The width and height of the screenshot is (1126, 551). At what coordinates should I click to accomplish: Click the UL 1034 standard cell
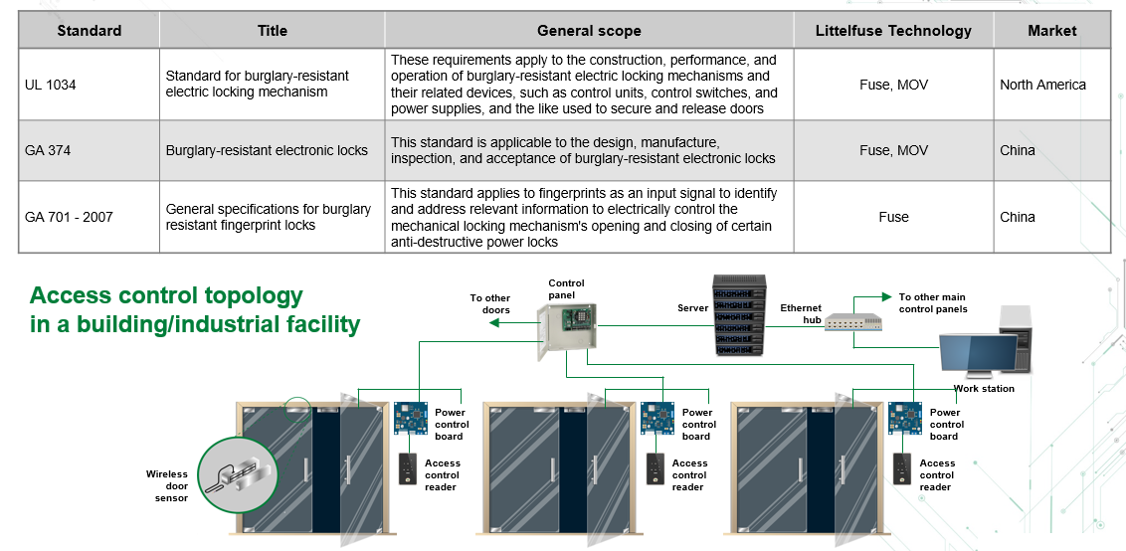click(51, 85)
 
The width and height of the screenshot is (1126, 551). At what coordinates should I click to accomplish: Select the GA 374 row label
click(48, 150)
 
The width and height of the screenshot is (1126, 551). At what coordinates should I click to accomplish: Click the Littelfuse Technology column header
click(893, 31)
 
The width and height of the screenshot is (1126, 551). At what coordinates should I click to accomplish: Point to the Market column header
click(1052, 31)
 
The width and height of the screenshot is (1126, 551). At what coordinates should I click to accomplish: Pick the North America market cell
click(1042, 85)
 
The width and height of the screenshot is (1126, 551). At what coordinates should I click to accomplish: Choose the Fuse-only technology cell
click(893, 217)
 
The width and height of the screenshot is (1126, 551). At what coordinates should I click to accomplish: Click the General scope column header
click(589, 31)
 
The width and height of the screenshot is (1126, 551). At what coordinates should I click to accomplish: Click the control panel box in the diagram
click(567, 334)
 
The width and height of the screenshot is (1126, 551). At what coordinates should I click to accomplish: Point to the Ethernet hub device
click(853, 322)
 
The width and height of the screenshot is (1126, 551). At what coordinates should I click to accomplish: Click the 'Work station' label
click(983, 389)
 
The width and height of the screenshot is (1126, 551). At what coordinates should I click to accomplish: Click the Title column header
click(272, 31)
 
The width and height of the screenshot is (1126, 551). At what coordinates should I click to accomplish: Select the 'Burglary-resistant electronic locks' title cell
click(267, 150)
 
